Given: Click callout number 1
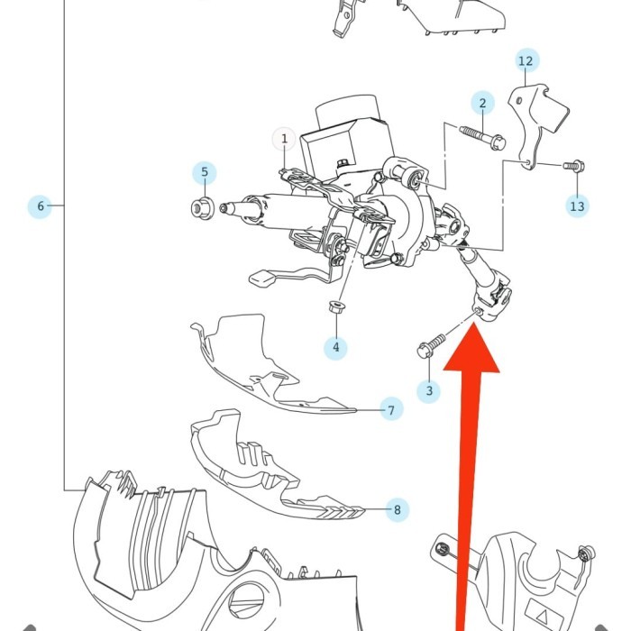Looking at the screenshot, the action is click(x=284, y=139).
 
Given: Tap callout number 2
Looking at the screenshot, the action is click(x=482, y=104).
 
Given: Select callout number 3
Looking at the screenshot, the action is click(x=429, y=390).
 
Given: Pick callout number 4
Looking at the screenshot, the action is click(x=336, y=347).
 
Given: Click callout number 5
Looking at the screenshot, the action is click(x=205, y=173).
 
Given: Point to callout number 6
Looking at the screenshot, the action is click(x=40, y=206).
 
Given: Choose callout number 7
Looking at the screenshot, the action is click(x=391, y=410).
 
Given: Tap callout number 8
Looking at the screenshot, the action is click(x=398, y=510).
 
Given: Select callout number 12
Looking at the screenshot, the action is click(x=526, y=60).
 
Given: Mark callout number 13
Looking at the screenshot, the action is click(x=577, y=206).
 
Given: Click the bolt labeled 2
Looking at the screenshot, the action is click(x=482, y=138).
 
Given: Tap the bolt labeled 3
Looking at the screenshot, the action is click(x=432, y=345).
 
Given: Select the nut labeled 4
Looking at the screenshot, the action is click(x=335, y=306).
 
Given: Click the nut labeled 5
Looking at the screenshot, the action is click(x=202, y=208).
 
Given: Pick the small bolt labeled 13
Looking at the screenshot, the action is click(x=574, y=165).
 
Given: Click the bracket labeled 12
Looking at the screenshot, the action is click(x=534, y=124).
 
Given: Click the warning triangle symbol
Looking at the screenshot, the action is click(x=542, y=616).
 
